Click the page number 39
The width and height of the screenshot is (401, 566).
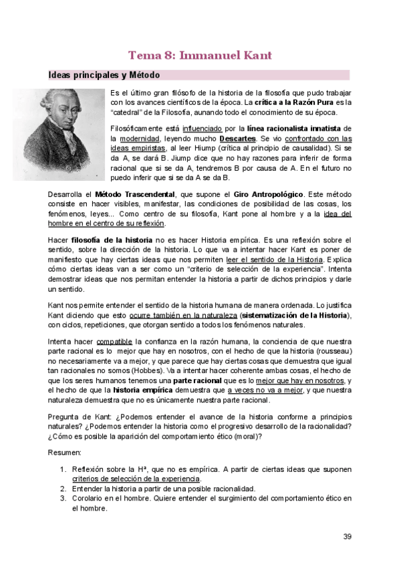click(x=347, y=536)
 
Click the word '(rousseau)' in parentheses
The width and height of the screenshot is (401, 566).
click(x=331, y=351)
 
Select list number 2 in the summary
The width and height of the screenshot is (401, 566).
click(x=63, y=488)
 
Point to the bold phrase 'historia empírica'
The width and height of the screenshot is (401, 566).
click(x=133, y=391)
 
